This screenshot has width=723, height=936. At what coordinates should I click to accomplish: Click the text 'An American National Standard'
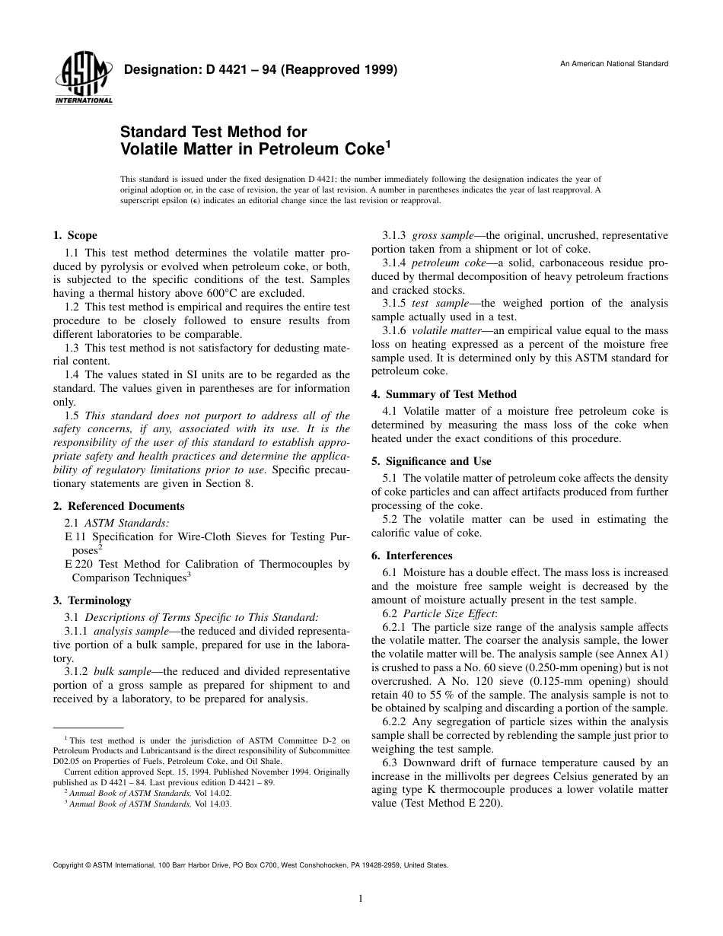614,63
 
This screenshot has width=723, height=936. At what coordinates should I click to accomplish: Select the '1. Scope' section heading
75,236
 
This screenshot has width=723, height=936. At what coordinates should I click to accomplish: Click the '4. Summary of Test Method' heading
444,394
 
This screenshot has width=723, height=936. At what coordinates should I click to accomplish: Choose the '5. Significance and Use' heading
431,461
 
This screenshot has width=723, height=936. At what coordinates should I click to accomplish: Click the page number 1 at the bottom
361,899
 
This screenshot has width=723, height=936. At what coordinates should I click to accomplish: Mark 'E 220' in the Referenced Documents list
76,564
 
